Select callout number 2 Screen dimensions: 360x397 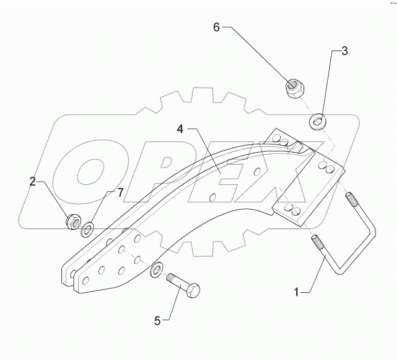pyautogui.click(x=33, y=182)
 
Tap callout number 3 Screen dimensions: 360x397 pyautogui.click(x=344, y=51)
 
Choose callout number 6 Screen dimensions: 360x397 pyautogui.click(x=216, y=27)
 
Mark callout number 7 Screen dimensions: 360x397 pyautogui.click(x=120, y=193)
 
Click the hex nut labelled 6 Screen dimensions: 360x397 pyautogui.click(x=293, y=87)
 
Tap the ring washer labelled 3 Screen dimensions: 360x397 pyautogui.click(x=318, y=122)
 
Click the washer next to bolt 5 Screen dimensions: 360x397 pyautogui.click(x=156, y=271)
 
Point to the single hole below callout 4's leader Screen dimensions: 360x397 pyautogui.click(x=212, y=197)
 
